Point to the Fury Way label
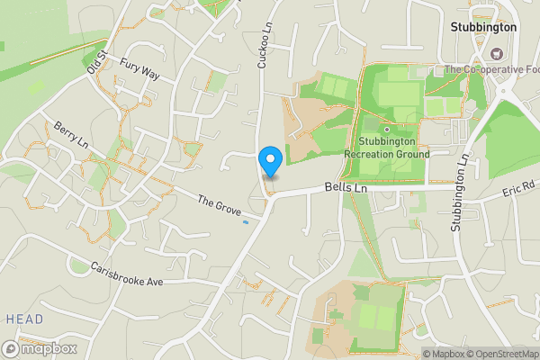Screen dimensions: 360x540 click(139, 70)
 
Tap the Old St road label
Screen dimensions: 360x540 click(96, 62)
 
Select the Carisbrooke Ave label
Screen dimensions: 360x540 click(126, 274)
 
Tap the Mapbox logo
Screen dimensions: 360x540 click(40, 348)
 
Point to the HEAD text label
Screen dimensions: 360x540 click(23, 319)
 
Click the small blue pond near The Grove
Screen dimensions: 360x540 click(246, 221)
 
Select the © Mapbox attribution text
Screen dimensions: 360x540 click(443, 354)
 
